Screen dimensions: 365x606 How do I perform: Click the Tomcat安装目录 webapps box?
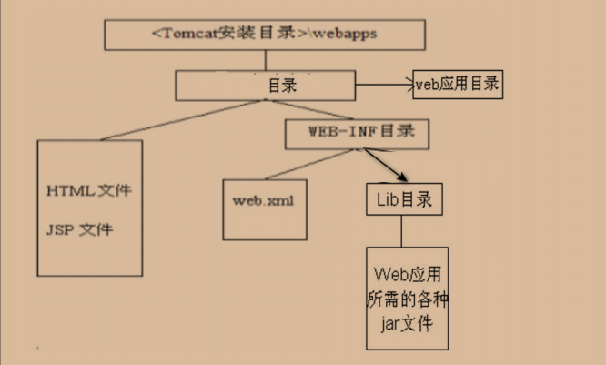[x=265, y=35]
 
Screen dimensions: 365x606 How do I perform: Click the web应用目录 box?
[x=458, y=84]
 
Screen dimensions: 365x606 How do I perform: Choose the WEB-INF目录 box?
[x=356, y=133]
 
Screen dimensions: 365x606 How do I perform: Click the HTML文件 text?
[x=89, y=192]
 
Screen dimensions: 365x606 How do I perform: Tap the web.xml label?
[x=264, y=198]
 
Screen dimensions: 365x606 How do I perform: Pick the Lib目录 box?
[x=404, y=198]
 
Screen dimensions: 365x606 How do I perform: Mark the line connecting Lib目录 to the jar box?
[x=402, y=231]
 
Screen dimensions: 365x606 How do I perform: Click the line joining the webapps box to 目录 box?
[x=266, y=61]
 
